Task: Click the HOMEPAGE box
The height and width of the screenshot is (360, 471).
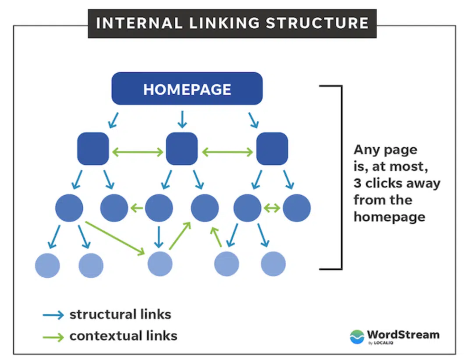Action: tap(187, 89)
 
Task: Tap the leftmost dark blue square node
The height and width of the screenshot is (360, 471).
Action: tap(93, 149)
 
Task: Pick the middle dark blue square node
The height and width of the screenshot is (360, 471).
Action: tap(182, 149)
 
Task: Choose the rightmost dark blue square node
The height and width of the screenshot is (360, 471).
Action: tap(272, 149)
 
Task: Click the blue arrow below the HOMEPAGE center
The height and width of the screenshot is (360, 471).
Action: tap(182, 119)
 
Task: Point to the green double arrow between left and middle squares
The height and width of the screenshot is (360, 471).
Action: tap(138, 151)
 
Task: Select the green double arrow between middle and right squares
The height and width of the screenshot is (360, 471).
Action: tap(227, 151)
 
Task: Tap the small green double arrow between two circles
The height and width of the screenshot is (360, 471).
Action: tap(272, 208)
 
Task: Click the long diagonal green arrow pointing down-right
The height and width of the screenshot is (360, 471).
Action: tap(115, 238)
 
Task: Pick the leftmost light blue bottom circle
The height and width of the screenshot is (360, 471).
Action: tap(47, 265)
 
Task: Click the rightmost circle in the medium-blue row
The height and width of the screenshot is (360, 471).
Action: tap(297, 208)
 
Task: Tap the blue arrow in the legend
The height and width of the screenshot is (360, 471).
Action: tap(53, 315)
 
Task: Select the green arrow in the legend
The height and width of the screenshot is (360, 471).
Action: tap(53, 337)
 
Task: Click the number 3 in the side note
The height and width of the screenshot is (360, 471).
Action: tap(357, 183)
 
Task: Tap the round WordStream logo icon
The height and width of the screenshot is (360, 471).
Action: tap(357, 337)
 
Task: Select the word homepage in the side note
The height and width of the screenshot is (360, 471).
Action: tap(389, 217)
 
